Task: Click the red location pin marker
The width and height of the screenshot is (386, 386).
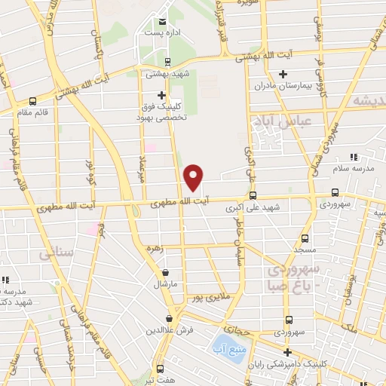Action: click(x=194, y=177)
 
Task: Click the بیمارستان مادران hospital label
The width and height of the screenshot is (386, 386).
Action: click(x=282, y=86)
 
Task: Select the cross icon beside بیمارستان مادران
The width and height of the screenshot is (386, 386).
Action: click(x=283, y=74)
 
